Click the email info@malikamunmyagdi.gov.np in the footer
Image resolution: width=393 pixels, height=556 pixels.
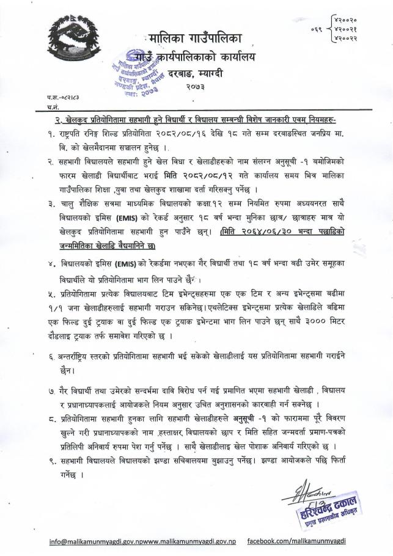110,541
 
